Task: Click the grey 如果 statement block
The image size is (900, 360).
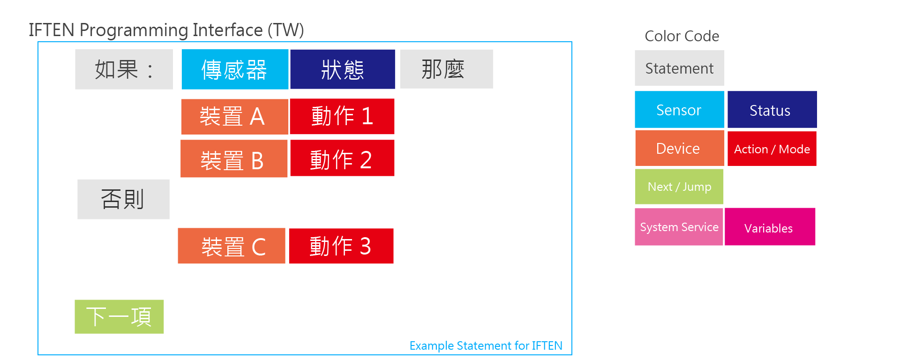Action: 124,69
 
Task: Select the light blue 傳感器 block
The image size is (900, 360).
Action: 235,69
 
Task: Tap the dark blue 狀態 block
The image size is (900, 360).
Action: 343,69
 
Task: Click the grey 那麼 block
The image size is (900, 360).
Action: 446,69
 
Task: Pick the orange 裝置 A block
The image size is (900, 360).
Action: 234,117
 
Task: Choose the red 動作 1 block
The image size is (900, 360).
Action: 342,116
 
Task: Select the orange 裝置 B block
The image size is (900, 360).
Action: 234,158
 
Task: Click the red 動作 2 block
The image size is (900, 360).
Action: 342,158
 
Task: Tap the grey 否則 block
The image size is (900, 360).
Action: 123,199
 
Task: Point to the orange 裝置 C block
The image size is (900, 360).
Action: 232,246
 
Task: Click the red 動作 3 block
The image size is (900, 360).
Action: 341,246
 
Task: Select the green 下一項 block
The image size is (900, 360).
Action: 119,317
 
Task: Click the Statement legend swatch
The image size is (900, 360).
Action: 679,68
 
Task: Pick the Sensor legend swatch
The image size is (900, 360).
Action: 679,110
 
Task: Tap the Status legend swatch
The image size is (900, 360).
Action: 772,110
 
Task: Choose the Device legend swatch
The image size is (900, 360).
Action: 680,148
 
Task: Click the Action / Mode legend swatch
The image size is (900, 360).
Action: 772,149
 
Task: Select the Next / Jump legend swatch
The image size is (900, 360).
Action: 679,187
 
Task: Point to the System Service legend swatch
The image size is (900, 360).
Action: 679,227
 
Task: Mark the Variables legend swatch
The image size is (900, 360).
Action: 770,227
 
